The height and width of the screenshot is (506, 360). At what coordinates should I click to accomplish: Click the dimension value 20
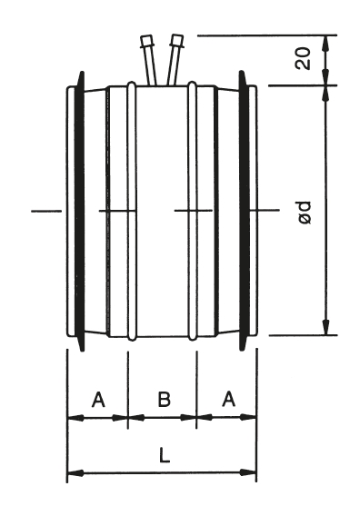[303, 58]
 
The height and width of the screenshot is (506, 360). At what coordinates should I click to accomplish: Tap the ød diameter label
[305, 213]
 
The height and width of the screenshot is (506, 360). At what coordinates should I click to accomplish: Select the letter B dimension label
[164, 399]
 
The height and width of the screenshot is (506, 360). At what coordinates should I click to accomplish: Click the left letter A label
[98, 399]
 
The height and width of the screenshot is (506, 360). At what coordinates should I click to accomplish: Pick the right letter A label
[228, 399]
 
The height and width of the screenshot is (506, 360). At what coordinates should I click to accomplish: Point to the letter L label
[165, 455]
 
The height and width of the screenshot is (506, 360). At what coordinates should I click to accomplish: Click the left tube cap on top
[146, 41]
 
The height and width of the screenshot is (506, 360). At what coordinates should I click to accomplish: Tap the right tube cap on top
[177, 40]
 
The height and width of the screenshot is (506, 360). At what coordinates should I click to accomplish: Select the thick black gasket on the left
[79, 211]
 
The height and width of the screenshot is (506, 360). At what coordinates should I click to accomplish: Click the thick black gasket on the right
[245, 211]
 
